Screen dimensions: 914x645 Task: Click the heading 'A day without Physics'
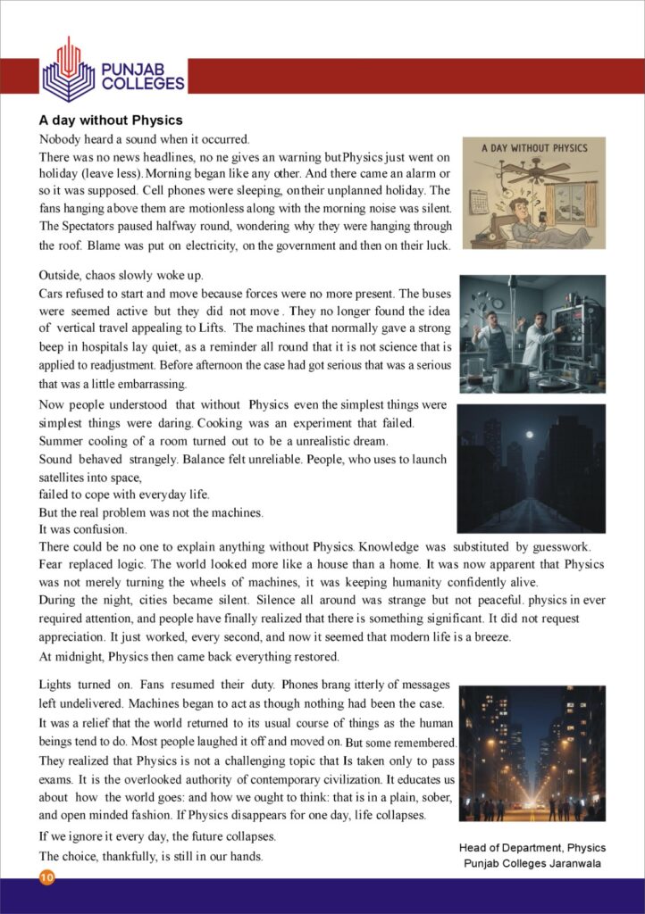(x=111, y=120)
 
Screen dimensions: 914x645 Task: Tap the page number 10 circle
(x=46, y=878)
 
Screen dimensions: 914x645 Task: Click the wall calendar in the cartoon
(x=479, y=199)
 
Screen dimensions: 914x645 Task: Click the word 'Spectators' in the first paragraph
(x=82, y=225)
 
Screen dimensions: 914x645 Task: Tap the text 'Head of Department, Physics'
(x=532, y=847)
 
